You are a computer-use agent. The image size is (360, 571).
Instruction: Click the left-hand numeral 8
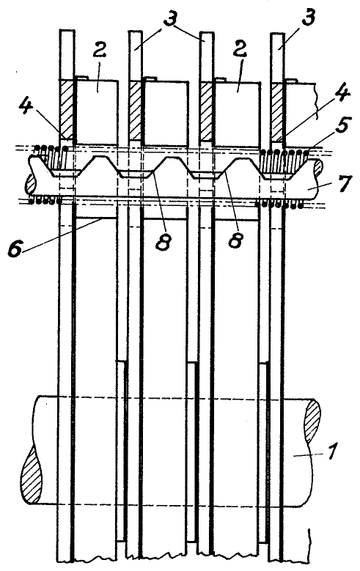click(163, 240)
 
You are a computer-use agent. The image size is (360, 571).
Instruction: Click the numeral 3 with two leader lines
click(170, 16)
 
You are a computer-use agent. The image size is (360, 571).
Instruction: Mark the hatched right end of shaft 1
click(312, 421)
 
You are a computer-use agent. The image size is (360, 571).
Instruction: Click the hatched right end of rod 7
click(317, 166)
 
